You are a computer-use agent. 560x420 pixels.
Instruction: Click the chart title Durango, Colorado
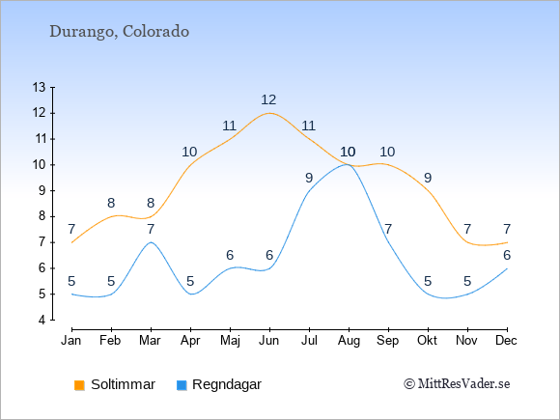(120, 32)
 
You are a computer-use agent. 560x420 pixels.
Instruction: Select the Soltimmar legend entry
(115, 384)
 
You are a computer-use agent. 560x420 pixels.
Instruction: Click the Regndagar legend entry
(219, 384)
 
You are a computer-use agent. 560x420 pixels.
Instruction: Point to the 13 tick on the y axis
(39, 87)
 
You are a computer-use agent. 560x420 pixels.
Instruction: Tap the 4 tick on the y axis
(42, 320)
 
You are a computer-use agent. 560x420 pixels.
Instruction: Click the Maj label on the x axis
(230, 341)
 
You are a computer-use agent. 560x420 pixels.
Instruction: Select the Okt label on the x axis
(427, 341)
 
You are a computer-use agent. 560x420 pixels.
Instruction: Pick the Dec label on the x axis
(507, 341)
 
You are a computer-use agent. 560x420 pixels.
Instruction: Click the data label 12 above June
(268, 99)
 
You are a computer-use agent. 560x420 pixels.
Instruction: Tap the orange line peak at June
(269, 113)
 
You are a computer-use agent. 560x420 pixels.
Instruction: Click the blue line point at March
(151, 242)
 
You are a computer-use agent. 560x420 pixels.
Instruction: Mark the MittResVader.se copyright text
(457, 384)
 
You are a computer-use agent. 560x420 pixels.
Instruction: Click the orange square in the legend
(79, 385)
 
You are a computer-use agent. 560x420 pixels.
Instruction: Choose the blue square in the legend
(182, 385)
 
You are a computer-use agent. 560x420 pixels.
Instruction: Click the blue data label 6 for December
(507, 255)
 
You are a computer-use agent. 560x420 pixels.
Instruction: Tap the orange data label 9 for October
(428, 178)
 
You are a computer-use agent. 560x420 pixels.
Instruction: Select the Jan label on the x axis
(71, 341)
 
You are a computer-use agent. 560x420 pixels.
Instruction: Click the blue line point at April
(191, 294)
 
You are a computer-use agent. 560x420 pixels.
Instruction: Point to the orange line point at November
(467, 242)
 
